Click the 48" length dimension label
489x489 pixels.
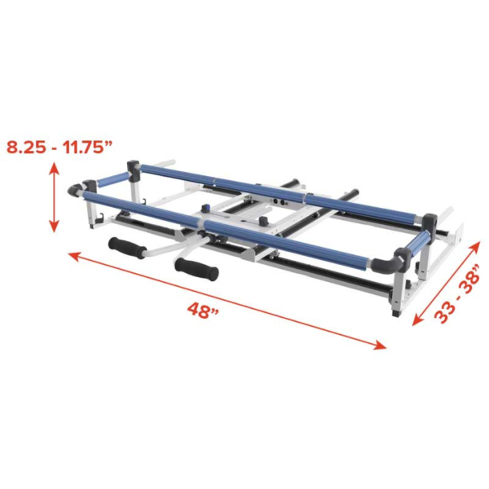[x=203, y=309]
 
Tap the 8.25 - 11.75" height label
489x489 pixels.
[x=59, y=148]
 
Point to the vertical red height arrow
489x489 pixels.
[x=55, y=197]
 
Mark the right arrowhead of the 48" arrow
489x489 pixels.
[x=381, y=345]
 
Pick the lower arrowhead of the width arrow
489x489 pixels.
[x=416, y=320]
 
